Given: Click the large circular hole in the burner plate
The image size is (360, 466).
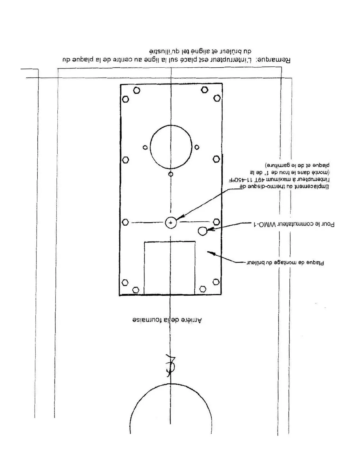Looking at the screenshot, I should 171,147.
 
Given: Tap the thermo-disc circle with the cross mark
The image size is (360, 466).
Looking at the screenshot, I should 171,223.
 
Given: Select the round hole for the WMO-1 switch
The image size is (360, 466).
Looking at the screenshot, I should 202,231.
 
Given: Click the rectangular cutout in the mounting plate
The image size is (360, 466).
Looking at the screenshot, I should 170,268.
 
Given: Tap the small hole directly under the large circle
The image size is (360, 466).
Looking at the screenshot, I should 171,174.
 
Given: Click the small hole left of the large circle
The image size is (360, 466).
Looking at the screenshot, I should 145,147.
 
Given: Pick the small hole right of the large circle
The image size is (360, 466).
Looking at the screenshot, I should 197,147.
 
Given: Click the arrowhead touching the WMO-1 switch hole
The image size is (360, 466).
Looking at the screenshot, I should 209,229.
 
